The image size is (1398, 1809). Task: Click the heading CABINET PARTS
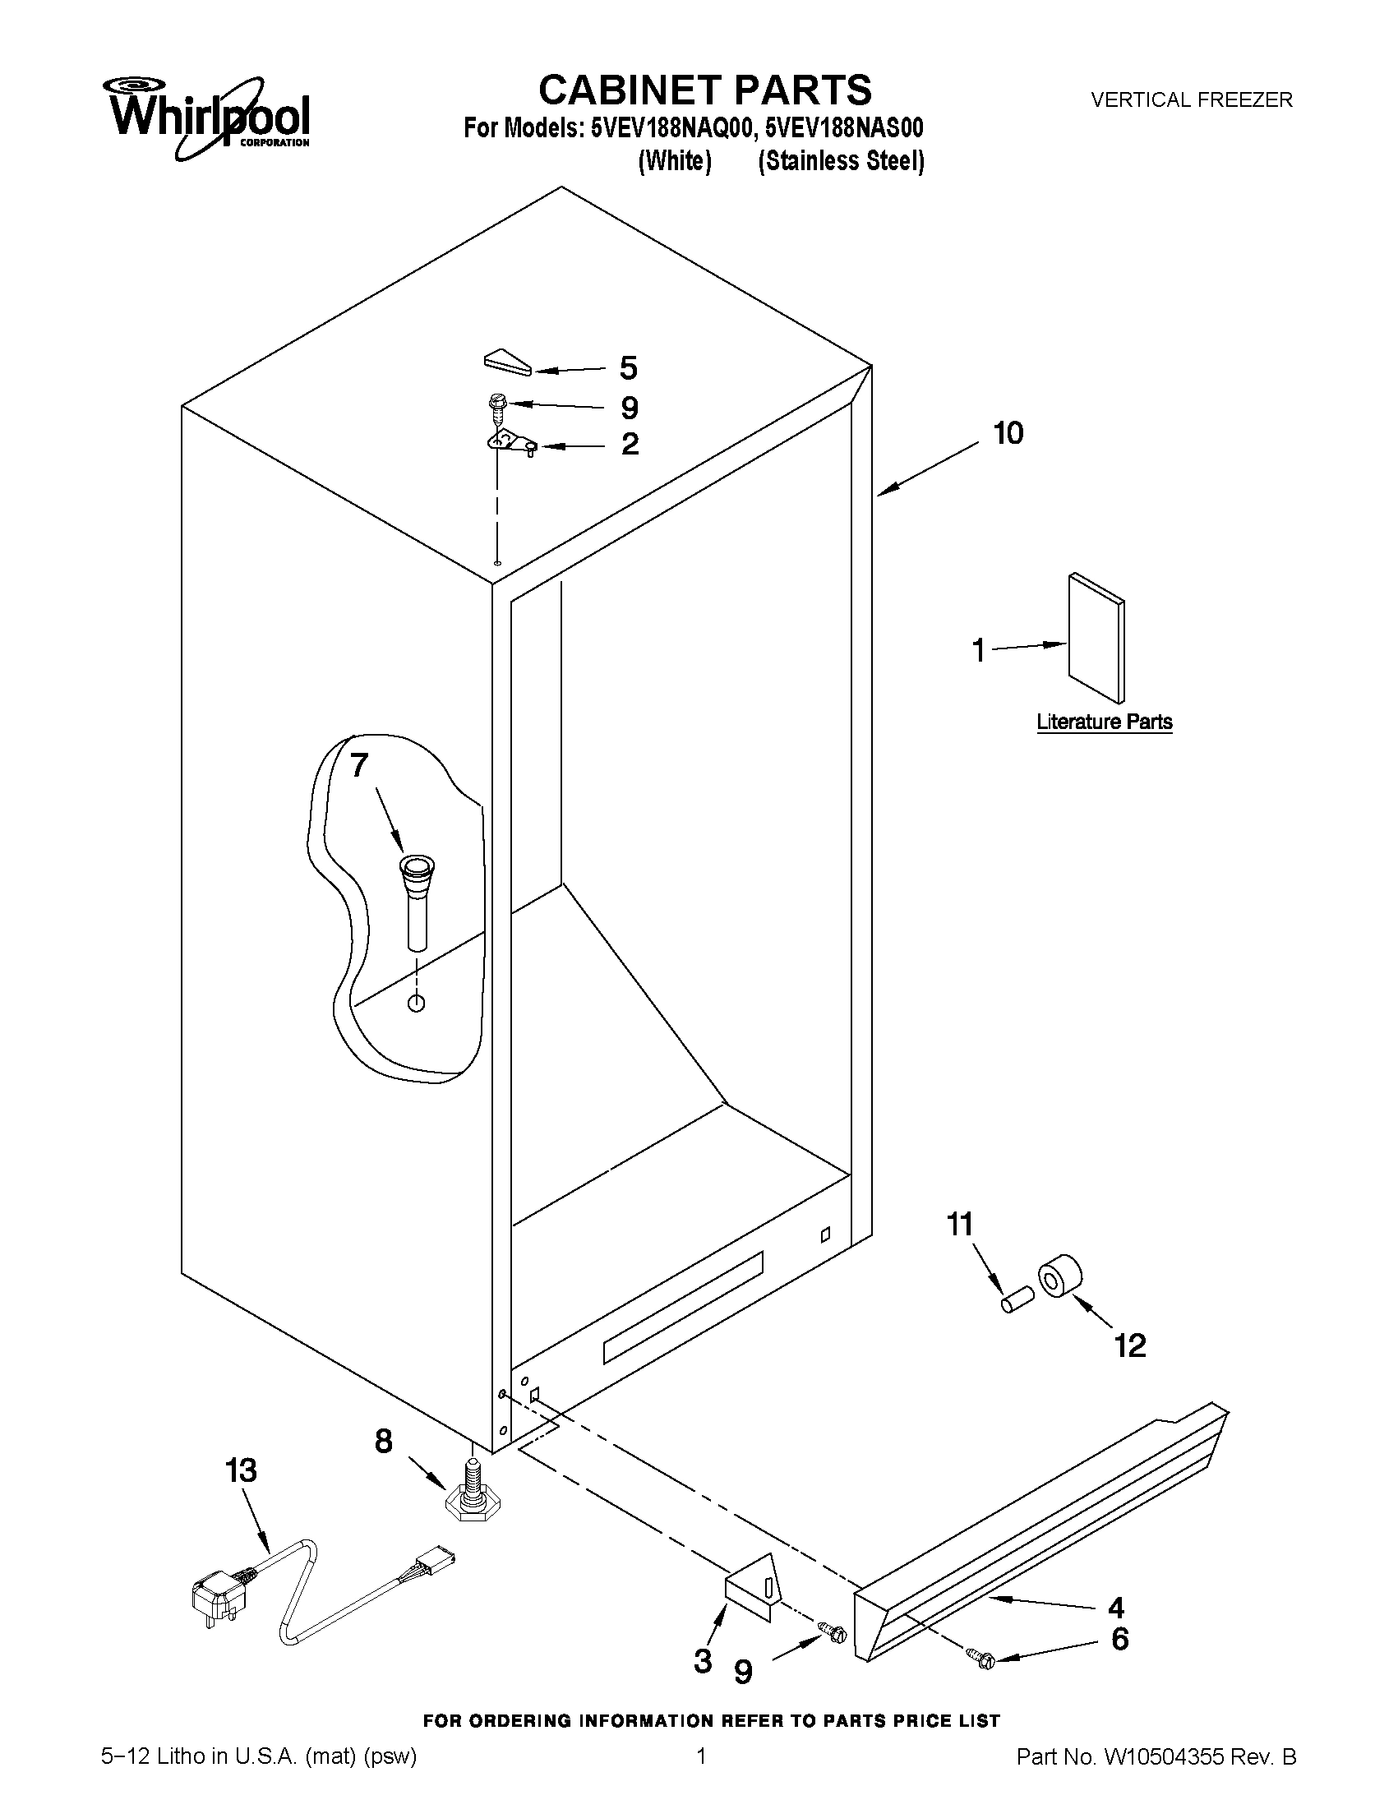point(705,90)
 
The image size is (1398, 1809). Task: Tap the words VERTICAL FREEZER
point(1191,100)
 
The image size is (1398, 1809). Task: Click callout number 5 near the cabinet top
point(629,367)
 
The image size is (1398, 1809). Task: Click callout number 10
point(1008,433)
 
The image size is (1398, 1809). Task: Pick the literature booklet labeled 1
point(1096,639)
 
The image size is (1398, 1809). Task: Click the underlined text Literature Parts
point(1104,722)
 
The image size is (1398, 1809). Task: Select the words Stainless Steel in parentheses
point(841,161)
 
